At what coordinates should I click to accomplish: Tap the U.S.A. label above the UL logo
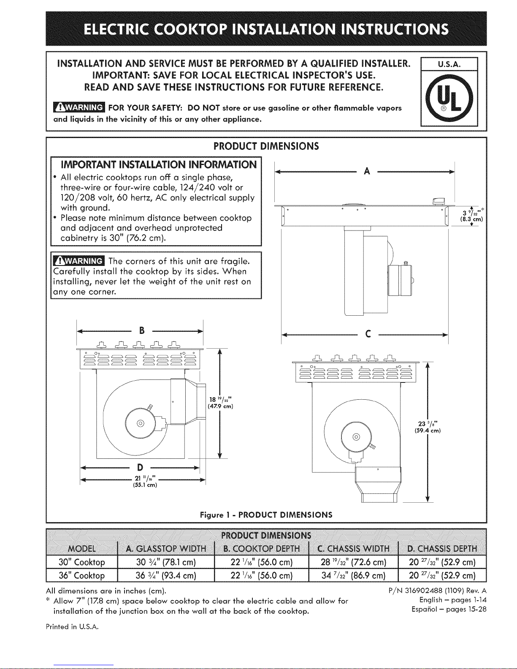[x=449, y=64]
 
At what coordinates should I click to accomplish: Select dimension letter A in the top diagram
[x=367, y=171]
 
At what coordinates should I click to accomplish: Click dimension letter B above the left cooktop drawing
[x=142, y=330]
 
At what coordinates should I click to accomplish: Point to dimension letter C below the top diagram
[x=368, y=334]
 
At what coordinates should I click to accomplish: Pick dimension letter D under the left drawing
[x=140, y=468]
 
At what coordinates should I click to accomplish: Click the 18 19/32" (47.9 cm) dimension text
[x=220, y=403]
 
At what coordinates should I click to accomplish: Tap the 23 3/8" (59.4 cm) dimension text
[x=428, y=427]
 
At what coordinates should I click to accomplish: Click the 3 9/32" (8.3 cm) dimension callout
[x=472, y=214]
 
